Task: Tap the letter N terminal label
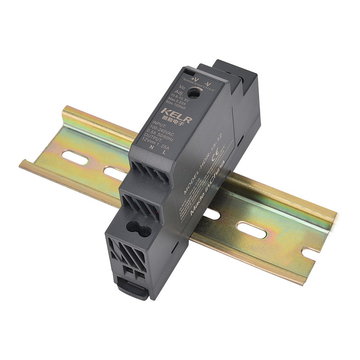[152, 147]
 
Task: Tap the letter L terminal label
[164, 152]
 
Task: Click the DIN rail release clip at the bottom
[133, 288]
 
